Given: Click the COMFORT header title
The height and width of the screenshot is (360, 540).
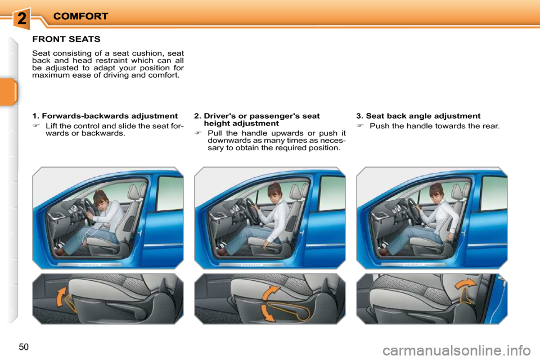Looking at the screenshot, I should [x=80, y=16].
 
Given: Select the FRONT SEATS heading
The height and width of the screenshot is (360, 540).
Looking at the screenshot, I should [x=66, y=39].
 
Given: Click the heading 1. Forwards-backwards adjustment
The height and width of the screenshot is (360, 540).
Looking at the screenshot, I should [x=105, y=116].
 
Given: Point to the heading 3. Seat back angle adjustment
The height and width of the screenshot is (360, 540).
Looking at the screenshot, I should [x=418, y=116].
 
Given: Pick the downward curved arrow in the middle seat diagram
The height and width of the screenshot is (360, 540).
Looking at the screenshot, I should [x=268, y=313].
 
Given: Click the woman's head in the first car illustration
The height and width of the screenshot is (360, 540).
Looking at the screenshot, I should [x=101, y=199].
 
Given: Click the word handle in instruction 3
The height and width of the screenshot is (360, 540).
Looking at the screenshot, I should [x=404, y=126].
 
